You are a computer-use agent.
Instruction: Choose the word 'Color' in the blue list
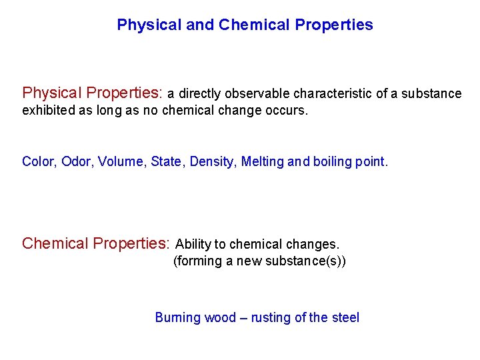tap(38, 161)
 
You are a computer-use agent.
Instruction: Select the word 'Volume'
tap(120, 161)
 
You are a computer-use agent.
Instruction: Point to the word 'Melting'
tap(263, 161)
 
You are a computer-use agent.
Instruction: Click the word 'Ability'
tap(193, 245)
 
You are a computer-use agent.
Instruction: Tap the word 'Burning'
tap(178, 318)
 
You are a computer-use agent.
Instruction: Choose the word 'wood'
tap(220, 318)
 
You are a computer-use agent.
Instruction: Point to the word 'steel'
tap(345, 318)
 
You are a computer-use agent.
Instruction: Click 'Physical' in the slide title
tap(141, 25)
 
